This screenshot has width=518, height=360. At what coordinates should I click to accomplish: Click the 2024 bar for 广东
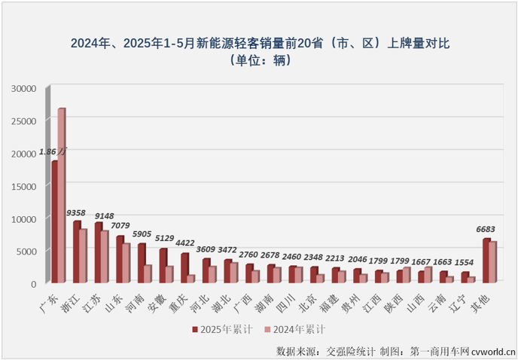tap(62, 196)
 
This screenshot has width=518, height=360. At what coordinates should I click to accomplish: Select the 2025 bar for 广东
tap(54, 222)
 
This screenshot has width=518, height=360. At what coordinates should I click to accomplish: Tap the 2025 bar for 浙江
tap(76, 252)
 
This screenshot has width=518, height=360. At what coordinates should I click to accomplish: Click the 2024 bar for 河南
tap(148, 274)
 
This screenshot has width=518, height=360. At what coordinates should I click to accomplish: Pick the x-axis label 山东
tap(114, 298)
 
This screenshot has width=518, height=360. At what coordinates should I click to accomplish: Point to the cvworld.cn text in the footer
tap(494, 350)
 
